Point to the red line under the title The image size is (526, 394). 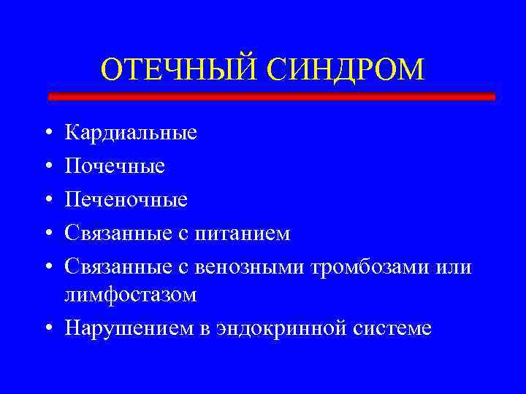271,96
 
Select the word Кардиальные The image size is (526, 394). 131,134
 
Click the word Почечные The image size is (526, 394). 115,167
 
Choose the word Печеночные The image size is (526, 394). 126,200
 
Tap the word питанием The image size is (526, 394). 248,233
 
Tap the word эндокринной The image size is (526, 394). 272,328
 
